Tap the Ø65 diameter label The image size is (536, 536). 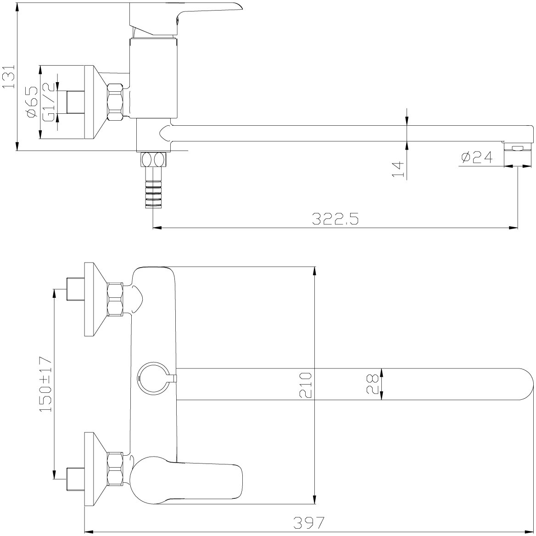[32, 102]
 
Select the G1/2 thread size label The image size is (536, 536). [48, 102]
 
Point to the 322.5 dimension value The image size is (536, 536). [335, 219]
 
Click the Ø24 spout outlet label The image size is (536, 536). [476, 157]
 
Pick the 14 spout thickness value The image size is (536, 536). [398, 169]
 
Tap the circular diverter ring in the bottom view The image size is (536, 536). [152, 379]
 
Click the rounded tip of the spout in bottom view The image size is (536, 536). [526, 384]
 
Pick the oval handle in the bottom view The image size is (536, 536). [187, 479]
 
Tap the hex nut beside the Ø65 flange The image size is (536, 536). [115, 102]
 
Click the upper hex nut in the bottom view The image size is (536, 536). [115, 298]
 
